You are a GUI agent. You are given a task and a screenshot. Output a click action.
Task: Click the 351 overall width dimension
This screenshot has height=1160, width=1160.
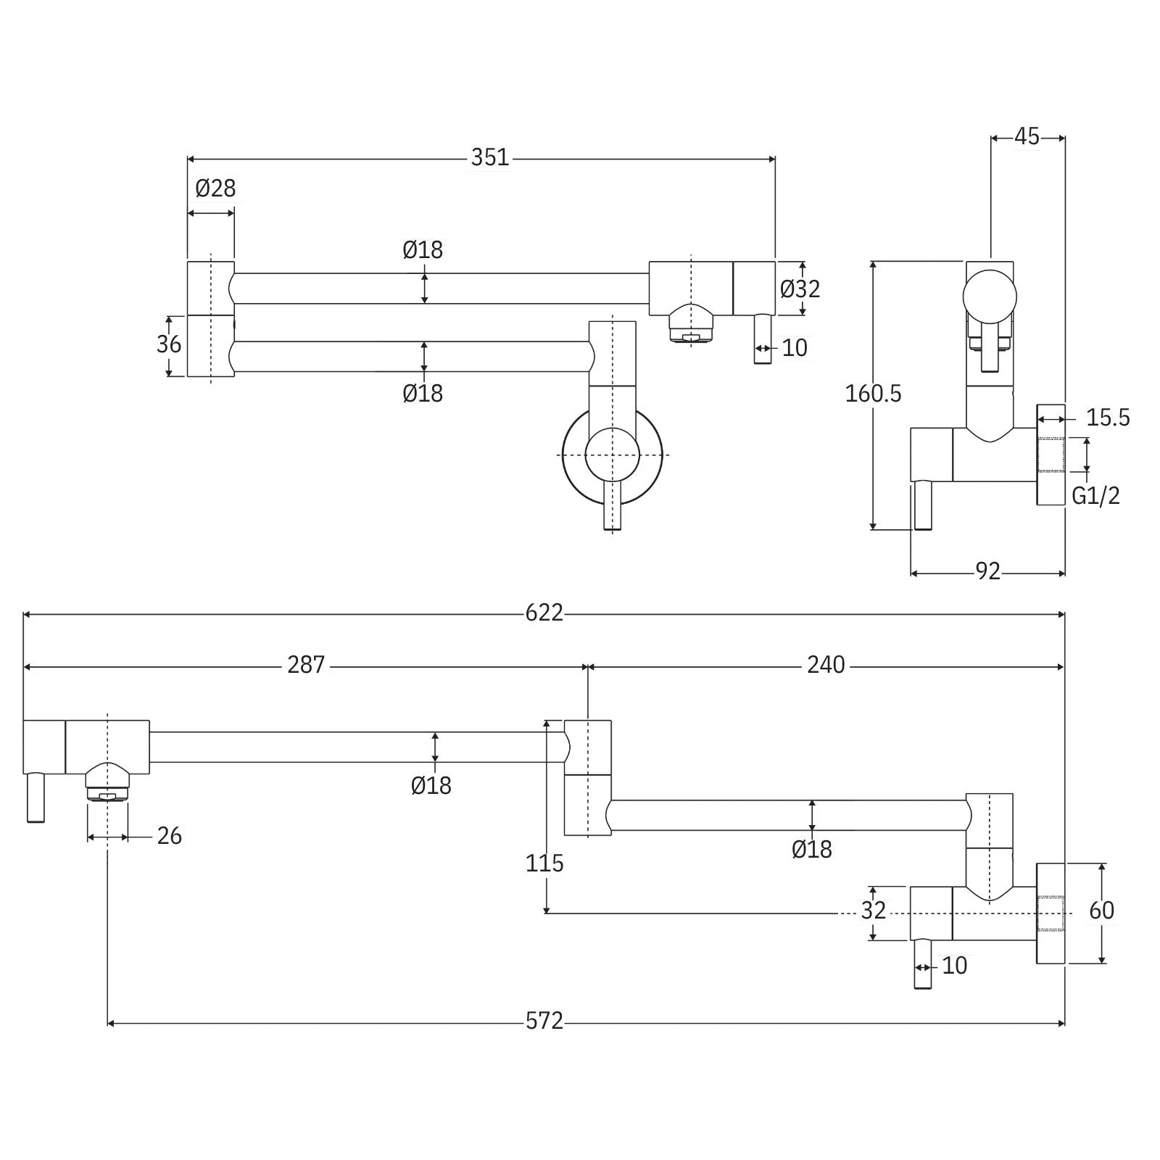pos(490,157)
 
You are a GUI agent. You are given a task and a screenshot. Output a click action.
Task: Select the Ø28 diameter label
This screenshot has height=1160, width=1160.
pos(215,188)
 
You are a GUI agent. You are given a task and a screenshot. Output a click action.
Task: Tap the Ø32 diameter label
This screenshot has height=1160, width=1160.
pos(800,289)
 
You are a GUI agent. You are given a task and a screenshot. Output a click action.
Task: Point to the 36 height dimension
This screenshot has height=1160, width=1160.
pos(169,344)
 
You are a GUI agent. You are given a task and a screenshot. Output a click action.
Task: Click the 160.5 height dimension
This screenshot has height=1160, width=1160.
pos(873,394)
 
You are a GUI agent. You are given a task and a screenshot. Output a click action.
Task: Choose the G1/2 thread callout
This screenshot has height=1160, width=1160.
pos(1095,496)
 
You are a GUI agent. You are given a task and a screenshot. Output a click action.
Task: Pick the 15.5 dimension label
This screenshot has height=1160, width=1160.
pos(1107,418)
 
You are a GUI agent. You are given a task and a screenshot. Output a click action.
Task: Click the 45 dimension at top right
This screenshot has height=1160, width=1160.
pos(1027,136)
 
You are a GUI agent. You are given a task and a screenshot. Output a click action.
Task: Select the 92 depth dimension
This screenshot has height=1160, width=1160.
pos(987,572)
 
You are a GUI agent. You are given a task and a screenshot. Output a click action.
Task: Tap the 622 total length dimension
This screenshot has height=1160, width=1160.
pos(544,613)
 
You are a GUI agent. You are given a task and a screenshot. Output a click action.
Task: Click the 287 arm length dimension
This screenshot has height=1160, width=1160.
pos(306,665)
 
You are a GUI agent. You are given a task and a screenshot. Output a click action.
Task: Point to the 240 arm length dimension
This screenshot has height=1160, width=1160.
pos(826,665)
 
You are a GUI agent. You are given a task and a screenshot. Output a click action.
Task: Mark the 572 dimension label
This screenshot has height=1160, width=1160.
pos(544,1021)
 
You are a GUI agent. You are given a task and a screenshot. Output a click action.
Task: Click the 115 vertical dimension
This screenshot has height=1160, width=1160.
pos(544,863)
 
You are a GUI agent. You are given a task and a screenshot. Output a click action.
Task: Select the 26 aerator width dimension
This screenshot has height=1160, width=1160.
pos(169,836)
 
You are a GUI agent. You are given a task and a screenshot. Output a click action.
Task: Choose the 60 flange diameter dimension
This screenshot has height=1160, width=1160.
pos(1101,911)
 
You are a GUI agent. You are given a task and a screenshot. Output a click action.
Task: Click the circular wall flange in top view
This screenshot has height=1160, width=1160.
pos(573,455)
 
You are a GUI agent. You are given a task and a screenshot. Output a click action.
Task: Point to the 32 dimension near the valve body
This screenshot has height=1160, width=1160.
pos(873,911)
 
